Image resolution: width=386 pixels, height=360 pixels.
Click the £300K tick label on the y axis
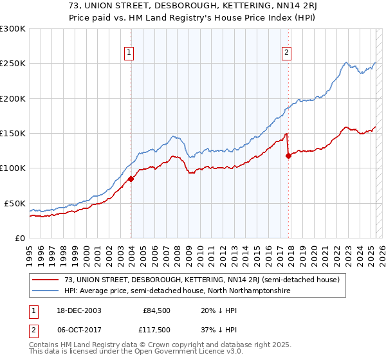pyautogui.click(x=13, y=29)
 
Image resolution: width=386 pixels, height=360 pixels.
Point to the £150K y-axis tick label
pyautogui.click(x=13, y=133)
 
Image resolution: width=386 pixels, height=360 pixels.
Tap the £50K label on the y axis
pyautogui.click(x=15, y=203)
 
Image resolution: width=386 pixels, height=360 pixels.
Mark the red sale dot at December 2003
pyautogui.click(x=131, y=179)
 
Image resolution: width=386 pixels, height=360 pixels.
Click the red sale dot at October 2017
pyautogui.click(x=288, y=156)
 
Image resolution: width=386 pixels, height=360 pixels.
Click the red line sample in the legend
pyautogui.click(x=46, y=280)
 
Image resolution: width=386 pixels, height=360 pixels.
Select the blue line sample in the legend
pyautogui.click(x=46, y=291)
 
